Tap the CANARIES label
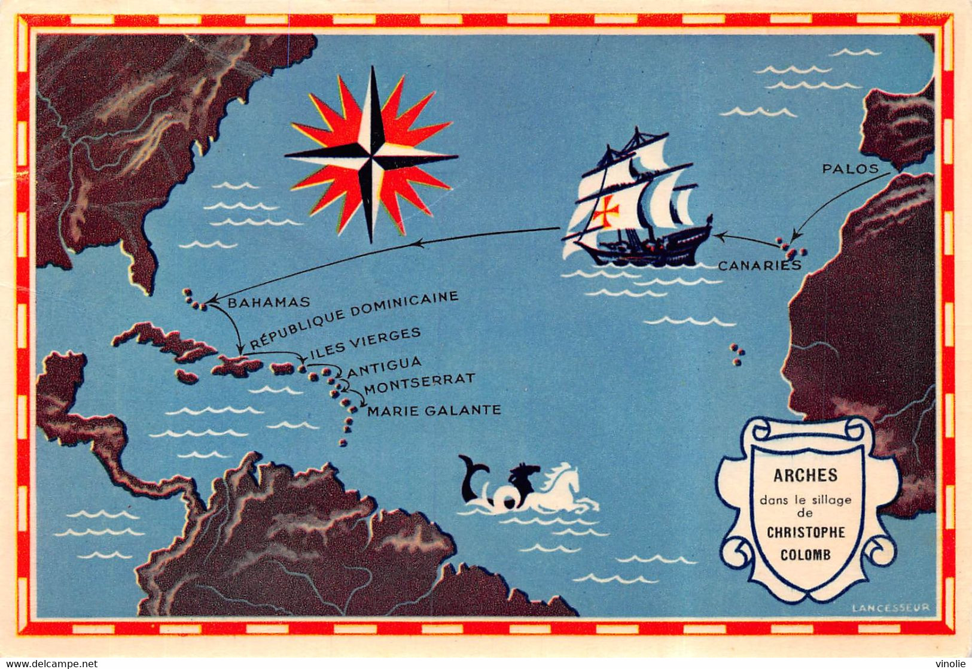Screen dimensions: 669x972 tap(758, 265)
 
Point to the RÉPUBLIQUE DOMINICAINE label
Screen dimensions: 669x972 tap(354, 320)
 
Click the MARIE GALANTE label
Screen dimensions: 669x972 tap(434, 410)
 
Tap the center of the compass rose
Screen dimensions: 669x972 tap(371, 155)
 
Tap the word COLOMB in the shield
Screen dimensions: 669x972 tap(805, 554)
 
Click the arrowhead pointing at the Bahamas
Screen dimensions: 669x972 tap(211, 299)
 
